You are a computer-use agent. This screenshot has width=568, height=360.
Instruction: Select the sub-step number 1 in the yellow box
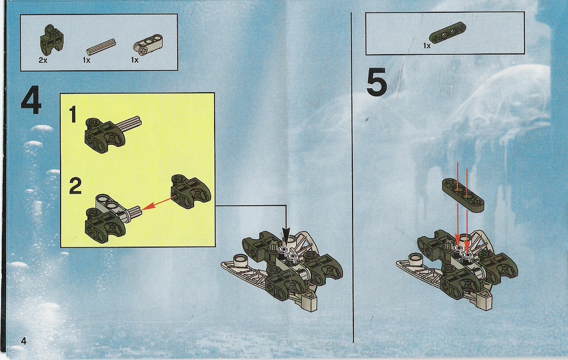[73, 115]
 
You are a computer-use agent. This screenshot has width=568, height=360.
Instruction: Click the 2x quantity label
[43, 60]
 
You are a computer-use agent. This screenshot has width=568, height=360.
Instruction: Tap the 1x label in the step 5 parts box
[427, 46]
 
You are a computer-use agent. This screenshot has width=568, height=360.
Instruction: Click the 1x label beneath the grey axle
[86, 60]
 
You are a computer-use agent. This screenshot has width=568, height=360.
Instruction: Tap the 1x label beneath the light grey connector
[135, 60]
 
